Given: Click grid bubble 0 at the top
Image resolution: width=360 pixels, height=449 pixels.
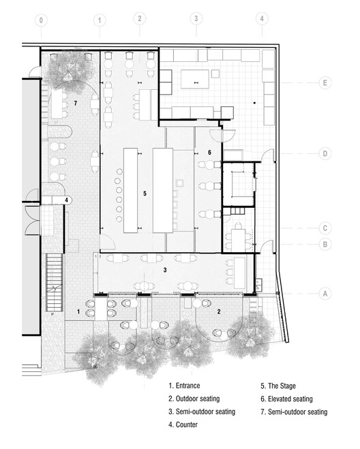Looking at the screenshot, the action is point(42,20).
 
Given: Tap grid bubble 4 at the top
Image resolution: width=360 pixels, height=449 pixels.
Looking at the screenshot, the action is point(262,18).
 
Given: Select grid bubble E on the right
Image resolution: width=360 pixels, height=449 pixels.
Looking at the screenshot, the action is point(325,82).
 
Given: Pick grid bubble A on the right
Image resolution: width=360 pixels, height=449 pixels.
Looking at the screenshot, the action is point(325,294).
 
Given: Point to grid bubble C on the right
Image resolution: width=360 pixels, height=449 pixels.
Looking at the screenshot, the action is point(325,228).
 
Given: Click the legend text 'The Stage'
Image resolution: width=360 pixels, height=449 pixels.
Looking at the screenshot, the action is point(282,386).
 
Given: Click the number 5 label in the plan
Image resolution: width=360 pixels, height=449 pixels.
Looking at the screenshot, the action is point(145,193).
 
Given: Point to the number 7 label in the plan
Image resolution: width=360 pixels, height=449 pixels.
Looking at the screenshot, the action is point(76,103).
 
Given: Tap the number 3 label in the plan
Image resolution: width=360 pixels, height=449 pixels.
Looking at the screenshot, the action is point(165,270).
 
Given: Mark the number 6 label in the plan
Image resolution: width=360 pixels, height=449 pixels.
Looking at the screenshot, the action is point(209,153).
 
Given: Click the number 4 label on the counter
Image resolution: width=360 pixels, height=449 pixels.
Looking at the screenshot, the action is point(67,200).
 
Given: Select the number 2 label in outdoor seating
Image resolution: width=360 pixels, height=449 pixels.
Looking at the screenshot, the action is point(219,311).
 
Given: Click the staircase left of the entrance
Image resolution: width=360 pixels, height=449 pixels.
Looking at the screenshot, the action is point(54,283).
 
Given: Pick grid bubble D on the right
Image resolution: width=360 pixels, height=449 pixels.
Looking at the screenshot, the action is point(325,154).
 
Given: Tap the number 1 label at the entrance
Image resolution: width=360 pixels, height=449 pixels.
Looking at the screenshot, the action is point(78,311).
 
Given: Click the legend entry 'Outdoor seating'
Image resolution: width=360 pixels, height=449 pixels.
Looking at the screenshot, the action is point(194,399).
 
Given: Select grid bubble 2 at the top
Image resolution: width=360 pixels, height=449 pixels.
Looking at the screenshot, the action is point(140,18).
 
